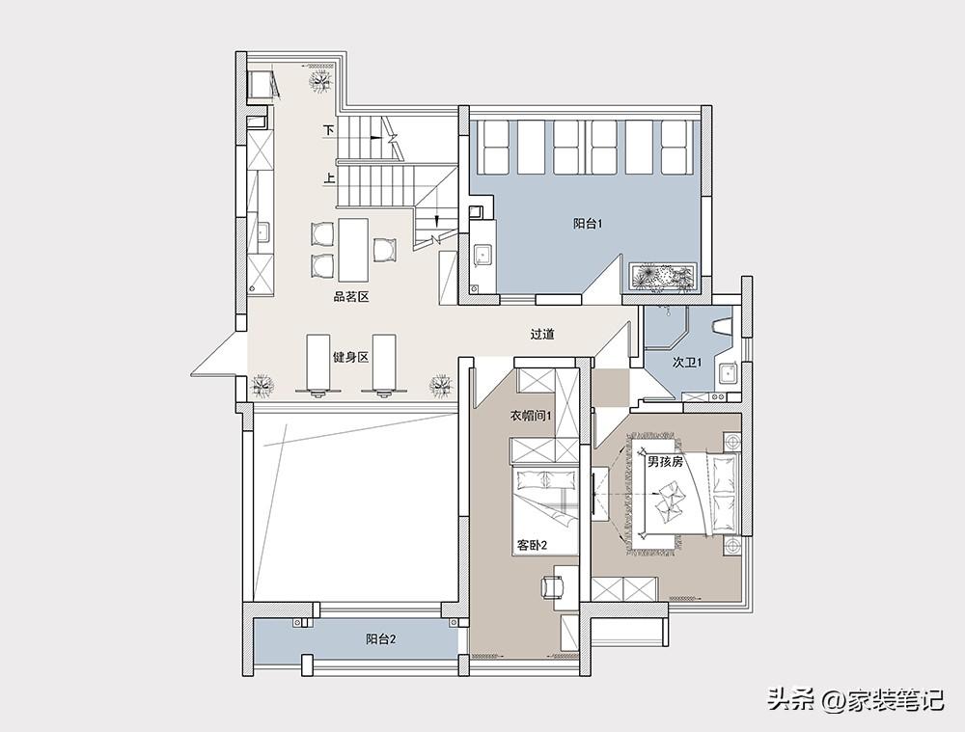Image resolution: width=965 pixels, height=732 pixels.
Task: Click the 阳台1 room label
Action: (588, 225)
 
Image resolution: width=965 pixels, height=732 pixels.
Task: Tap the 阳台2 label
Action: (381, 639)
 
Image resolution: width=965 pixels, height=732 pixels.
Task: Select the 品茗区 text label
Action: (351, 297)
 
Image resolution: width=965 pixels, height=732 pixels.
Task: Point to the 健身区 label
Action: (350, 357)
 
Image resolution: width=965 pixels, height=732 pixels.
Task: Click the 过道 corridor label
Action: (542, 335)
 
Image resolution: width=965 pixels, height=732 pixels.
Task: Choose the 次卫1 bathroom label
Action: (687, 363)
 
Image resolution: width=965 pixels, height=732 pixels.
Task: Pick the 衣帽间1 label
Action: (531, 416)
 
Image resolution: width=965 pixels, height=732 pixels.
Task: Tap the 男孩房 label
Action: (665, 462)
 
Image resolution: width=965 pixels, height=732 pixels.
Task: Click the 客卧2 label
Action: (532, 545)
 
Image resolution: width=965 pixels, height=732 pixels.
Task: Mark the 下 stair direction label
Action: (330, 130)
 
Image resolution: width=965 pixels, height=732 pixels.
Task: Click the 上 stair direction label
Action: (330, 178)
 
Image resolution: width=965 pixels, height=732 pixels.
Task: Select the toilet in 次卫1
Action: (722, 325)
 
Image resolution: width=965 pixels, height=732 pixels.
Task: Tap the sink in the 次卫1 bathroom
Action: (728, 373)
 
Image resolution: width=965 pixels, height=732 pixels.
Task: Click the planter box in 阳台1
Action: (663, 278)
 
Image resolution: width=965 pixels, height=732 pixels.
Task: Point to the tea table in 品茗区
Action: (353, 249)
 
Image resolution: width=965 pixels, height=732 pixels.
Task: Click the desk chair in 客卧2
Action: (553, 587)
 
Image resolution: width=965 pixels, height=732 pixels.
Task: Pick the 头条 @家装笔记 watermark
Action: (855, 700)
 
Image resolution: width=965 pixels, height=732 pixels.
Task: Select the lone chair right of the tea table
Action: (385, 249)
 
